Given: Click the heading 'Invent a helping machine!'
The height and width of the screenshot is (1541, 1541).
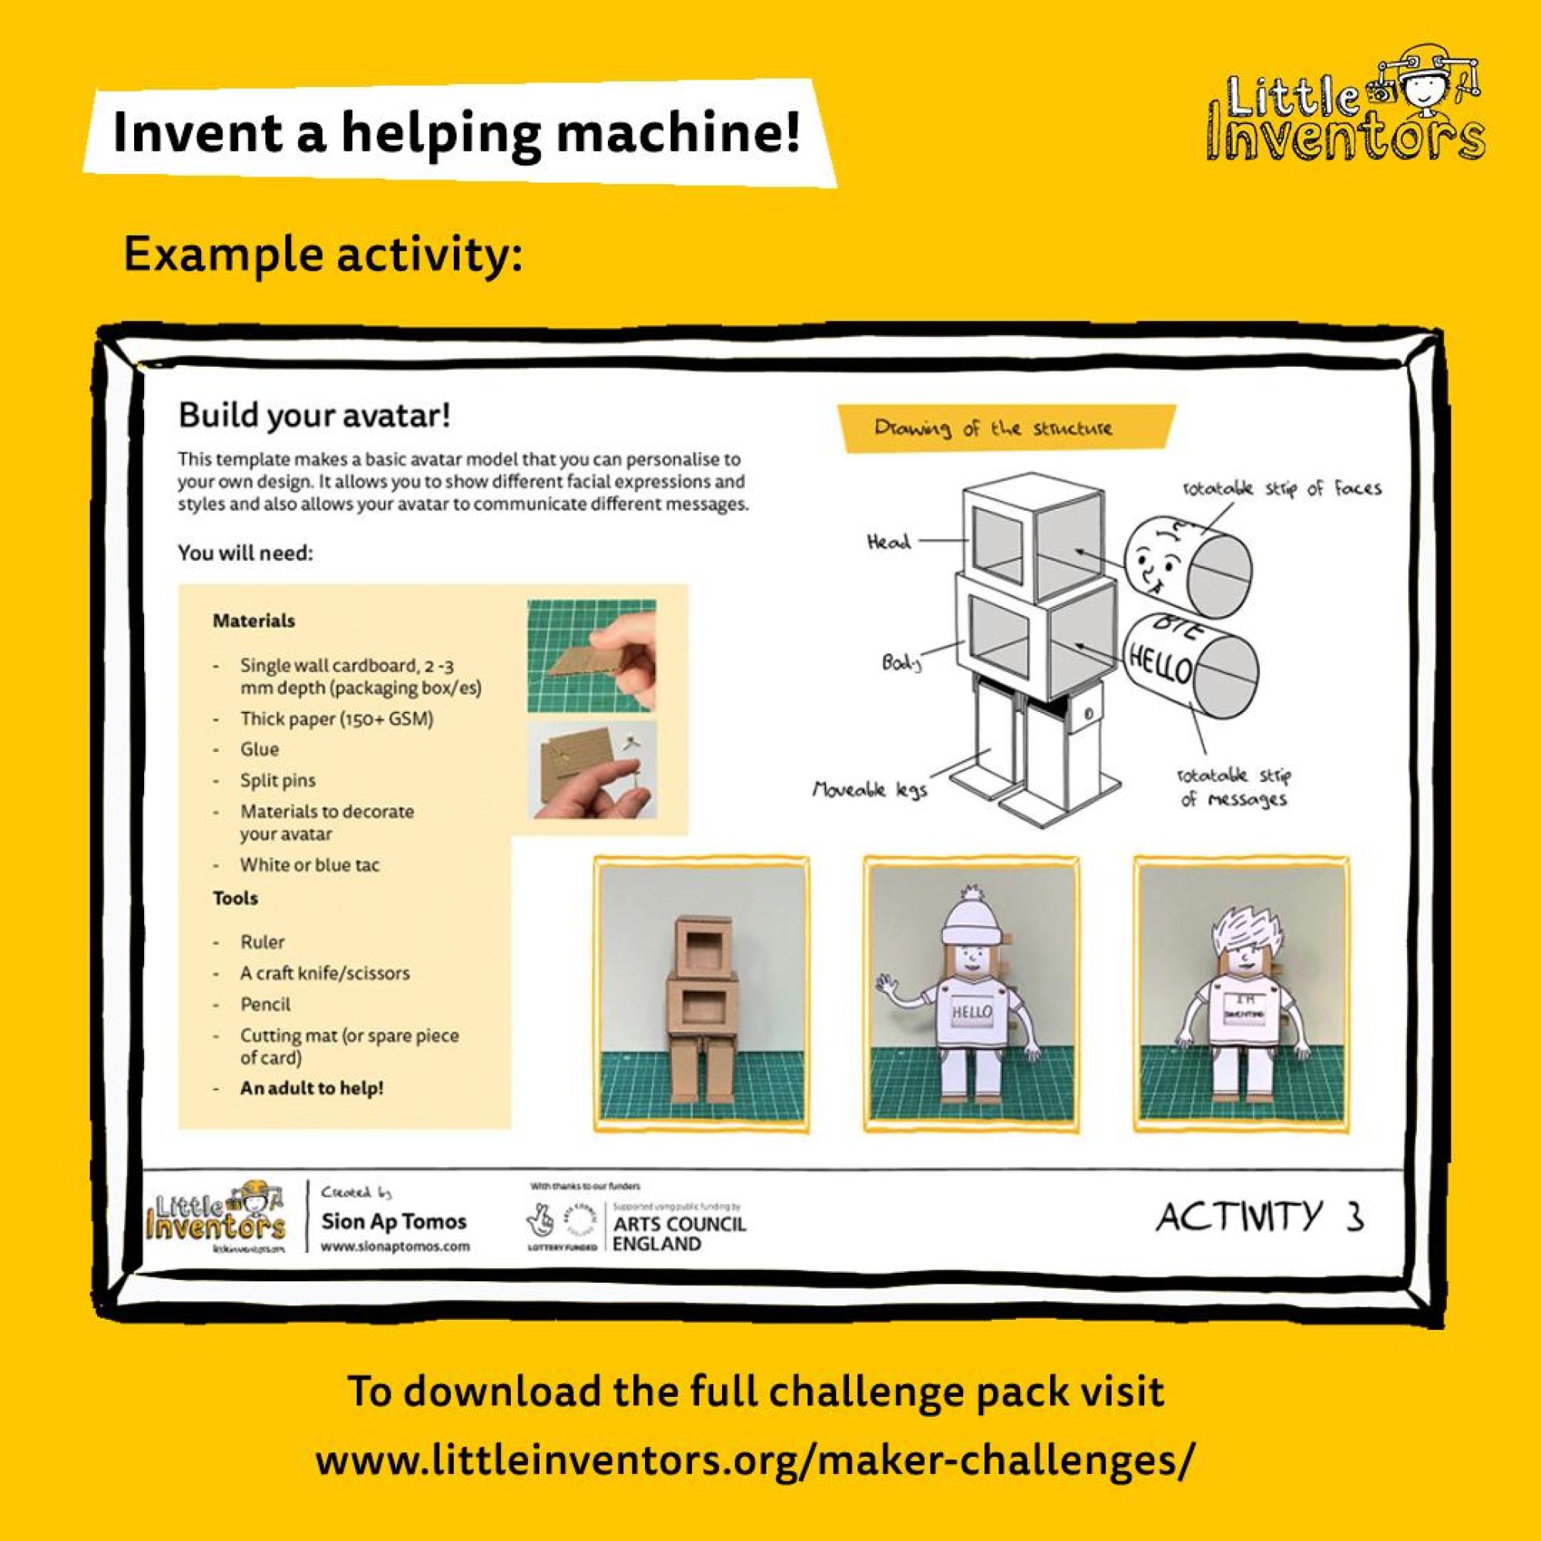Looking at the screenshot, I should [x=455, y=133].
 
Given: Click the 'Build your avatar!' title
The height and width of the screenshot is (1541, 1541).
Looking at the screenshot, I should [x=314, y=415].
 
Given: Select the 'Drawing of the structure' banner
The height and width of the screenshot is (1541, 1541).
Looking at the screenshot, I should [x=993, y=428].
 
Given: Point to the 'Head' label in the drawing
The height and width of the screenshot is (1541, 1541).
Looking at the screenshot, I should [x=888, y=542].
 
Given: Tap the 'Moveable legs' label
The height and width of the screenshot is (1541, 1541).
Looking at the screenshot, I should [x=869, y=791].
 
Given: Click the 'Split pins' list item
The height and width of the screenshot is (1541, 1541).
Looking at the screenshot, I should [x=277, y=780].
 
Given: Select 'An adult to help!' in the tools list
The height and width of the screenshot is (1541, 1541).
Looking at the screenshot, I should [x=312, y=1088].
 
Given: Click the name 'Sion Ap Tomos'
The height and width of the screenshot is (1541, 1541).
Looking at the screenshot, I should [x=393, y=1221].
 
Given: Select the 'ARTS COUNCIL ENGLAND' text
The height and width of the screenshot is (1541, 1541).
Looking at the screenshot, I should [x=680, y=1233].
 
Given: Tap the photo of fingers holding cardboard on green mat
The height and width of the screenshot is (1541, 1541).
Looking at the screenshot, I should [x=591, y=656].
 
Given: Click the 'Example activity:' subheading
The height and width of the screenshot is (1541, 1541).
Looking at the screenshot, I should [x=323, y=255].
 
